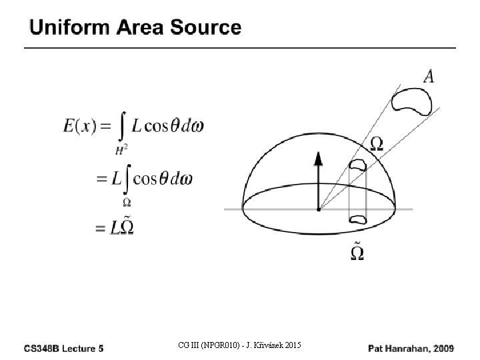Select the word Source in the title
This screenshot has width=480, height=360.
pyautogui.click(x=207, y=27)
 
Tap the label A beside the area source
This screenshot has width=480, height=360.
pyautogui.click(x=429, y=77)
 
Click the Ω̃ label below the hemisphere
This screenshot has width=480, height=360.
pyautogui.click(x=357, y=252)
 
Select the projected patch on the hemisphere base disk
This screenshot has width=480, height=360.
pyautogui.click(x=358, y=218)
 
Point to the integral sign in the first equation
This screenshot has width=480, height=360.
pyautogui.click(x=122, y=127)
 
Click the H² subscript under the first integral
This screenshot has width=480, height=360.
pyautogui.click(x=121, y=151)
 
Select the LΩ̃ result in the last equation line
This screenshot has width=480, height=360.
pyautogui.click(x=122, y=227)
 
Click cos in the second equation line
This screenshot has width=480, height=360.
pyautogui.click(x=146, y=179)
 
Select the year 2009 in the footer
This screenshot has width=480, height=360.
pyautogui.click(x=443, y=347)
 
